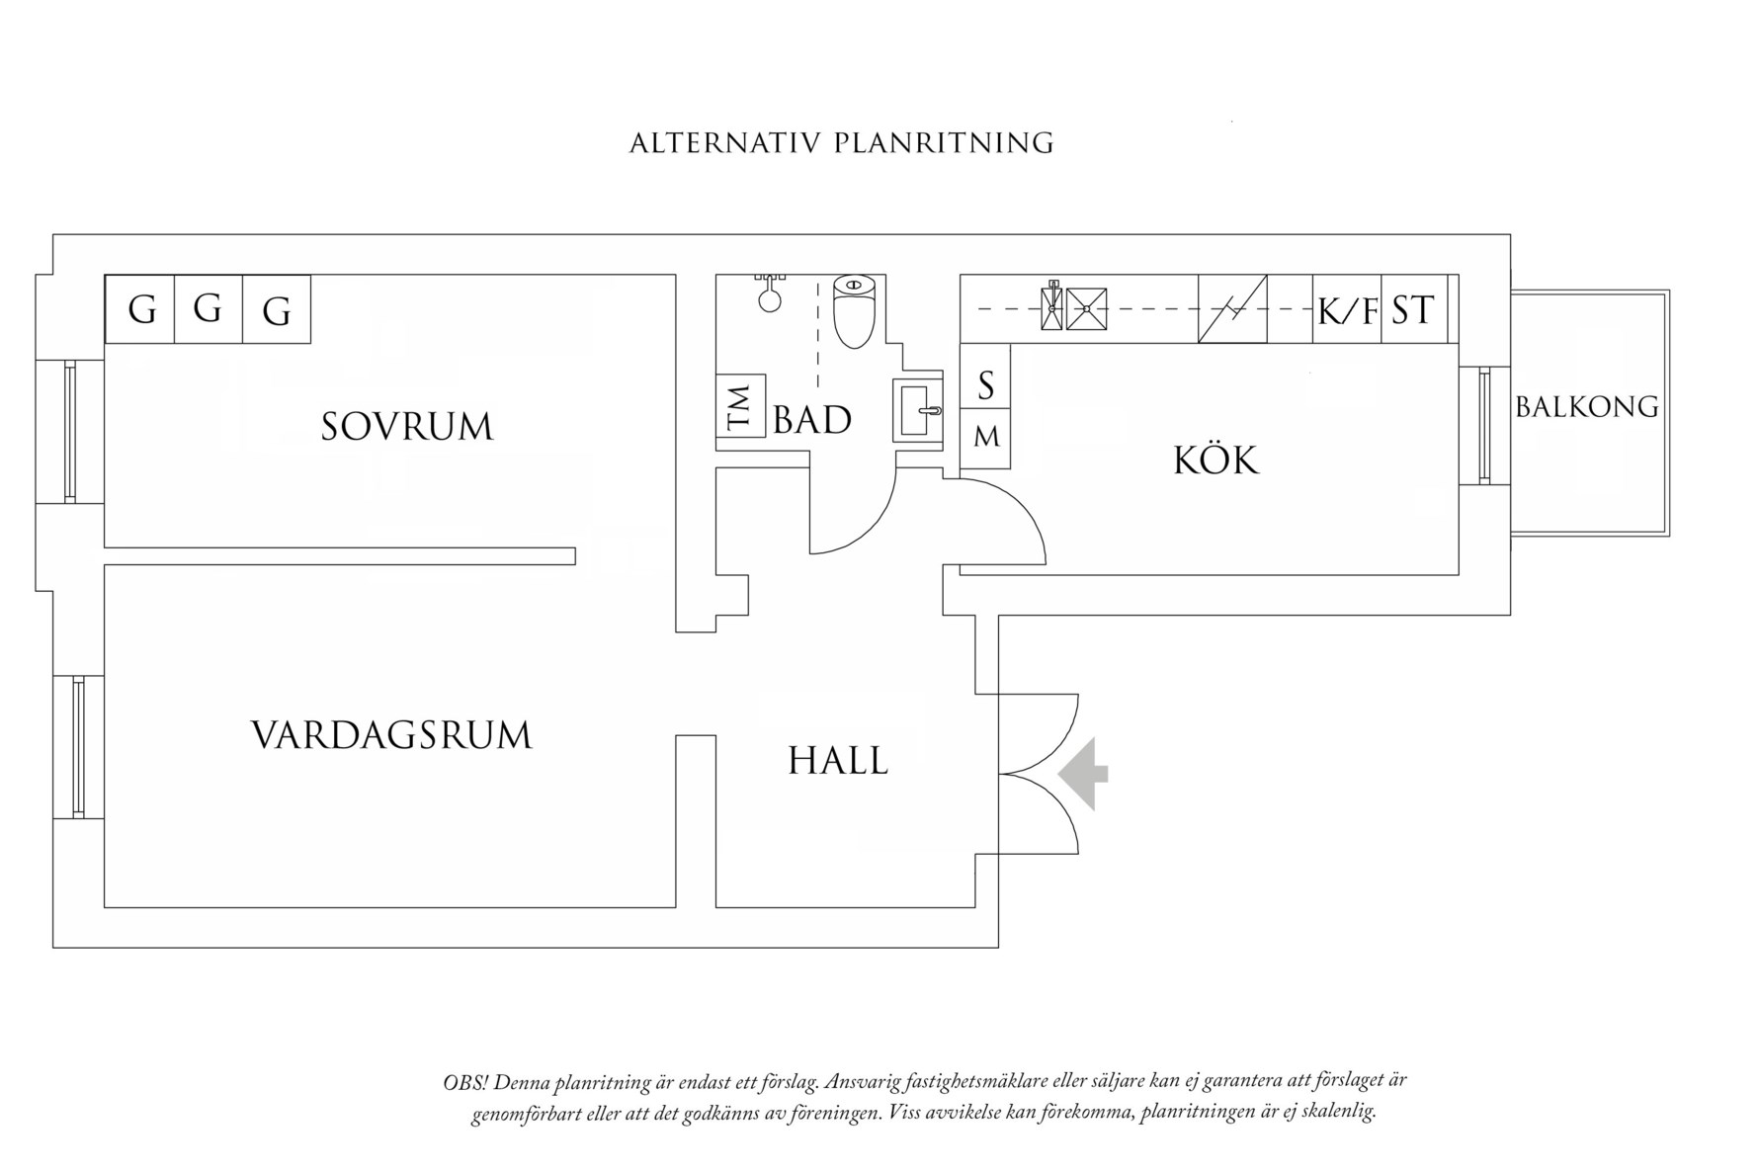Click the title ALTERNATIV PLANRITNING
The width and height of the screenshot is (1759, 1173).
(841, 144)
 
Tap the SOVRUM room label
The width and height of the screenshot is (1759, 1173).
(406, 427)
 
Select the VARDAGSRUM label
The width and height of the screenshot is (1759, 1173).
(391, 736)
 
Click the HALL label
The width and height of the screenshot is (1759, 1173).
(837, 761)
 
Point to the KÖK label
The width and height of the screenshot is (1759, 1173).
(1215, 461)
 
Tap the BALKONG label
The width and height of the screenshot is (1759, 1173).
(1586, 407)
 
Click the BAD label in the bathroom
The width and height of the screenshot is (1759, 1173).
(811, 421)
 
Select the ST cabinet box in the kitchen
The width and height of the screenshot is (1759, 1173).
(1413, 311)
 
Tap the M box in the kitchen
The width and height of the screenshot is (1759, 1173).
(985, 437)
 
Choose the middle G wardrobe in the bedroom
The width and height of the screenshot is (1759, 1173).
(208, 310)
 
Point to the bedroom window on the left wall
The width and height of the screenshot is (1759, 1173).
(70, 432)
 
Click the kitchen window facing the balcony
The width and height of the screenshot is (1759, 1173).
(1484, 425)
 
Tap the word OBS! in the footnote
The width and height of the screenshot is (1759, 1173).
(464, 1082)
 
